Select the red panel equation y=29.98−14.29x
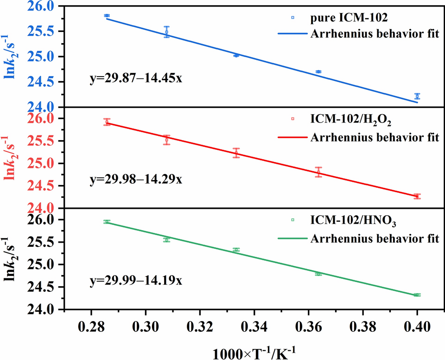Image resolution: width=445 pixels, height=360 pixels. pyautogui.click(x=135, y=179)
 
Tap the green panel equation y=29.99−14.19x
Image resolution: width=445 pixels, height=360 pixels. pyautogui.click(x=135, y=280)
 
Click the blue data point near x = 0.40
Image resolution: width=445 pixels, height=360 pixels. pyautogui.click(x=417, y=96)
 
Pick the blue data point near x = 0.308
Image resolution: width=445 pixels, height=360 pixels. pyautogui.click(x=166, y=32)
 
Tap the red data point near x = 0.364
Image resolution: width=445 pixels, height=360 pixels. pyautogui.click(x=318, y=172)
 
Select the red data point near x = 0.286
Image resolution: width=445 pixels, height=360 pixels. pyautogui.click(x=107, y=122)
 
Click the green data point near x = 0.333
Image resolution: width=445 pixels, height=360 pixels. pyautogui.click(x=236, y=250)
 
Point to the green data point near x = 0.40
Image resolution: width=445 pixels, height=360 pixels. pyautogui.click(x=417, y=295)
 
